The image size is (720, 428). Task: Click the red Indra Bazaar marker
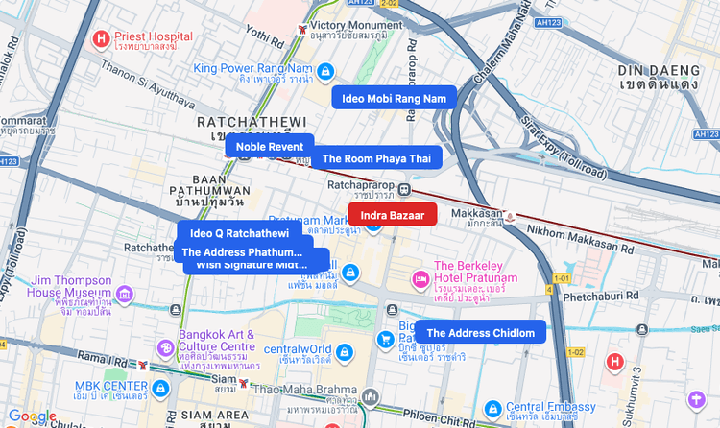392,215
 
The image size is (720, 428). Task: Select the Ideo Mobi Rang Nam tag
394,98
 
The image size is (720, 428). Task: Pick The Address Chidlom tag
480,332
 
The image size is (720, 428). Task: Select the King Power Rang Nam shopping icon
325,71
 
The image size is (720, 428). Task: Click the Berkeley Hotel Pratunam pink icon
420,278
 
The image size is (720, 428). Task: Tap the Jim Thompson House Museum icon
124,294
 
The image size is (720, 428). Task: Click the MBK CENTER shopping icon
160,388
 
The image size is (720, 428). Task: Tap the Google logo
32,416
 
